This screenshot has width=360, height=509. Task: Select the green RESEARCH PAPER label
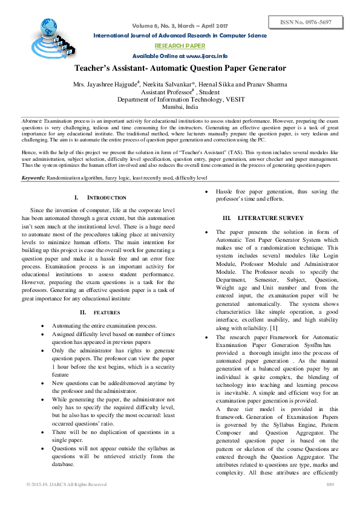coord(180,46)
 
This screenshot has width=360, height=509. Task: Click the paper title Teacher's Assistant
coord(180,69)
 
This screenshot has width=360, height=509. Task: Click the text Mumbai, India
coord(180,106)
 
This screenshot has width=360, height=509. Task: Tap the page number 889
coord(330,485)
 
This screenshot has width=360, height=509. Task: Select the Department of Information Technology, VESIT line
coord(180,99)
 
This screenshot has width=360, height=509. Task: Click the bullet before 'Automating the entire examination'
coord(41,325)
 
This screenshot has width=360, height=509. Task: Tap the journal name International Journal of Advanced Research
coord(180,36)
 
